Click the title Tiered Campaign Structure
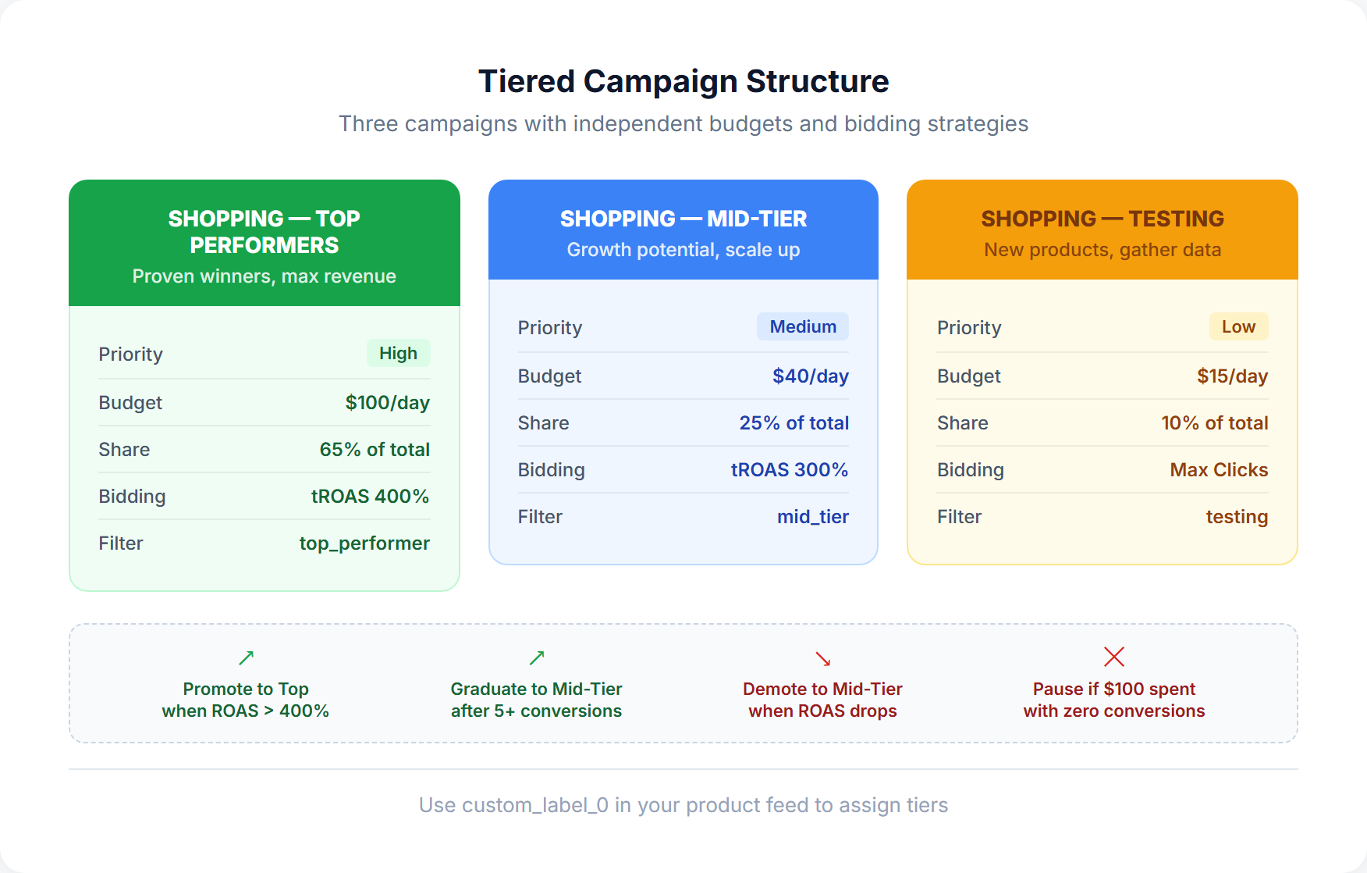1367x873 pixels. tap(683, 81)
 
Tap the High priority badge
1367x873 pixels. tap(398, 354)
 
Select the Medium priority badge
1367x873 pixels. tap(802, 327)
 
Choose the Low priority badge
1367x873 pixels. tap(1238, 327)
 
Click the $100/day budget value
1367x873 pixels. tap(387, 403)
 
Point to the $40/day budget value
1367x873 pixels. tap(810, 376)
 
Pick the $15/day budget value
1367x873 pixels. tap(1232, 376)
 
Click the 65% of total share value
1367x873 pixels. tap(375, 450)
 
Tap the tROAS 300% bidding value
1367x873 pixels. tap(789, 470)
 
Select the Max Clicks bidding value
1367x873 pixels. tap(1219, 470)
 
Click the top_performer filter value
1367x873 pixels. tap(364, 543)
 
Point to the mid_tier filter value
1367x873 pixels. tap(812, 517)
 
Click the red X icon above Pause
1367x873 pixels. tap(1114, 657)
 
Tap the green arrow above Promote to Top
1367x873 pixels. tap(247, 657)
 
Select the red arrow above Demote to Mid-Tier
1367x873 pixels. tap(822, 658)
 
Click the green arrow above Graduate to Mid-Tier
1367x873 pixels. tap(537, 657)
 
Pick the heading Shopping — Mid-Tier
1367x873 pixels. tap(683, 219)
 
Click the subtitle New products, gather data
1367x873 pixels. tap(1102, 250)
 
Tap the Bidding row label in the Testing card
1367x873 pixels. tap(970, 470)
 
